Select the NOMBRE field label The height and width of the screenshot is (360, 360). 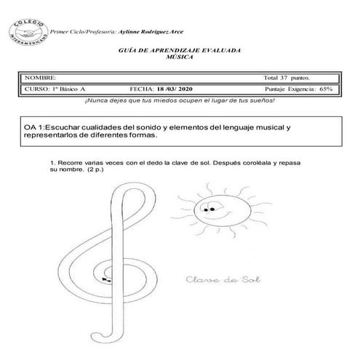tap(39, 77)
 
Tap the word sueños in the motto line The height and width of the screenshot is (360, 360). tap(257, 100)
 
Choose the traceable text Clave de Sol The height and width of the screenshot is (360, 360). tap(218, 279)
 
